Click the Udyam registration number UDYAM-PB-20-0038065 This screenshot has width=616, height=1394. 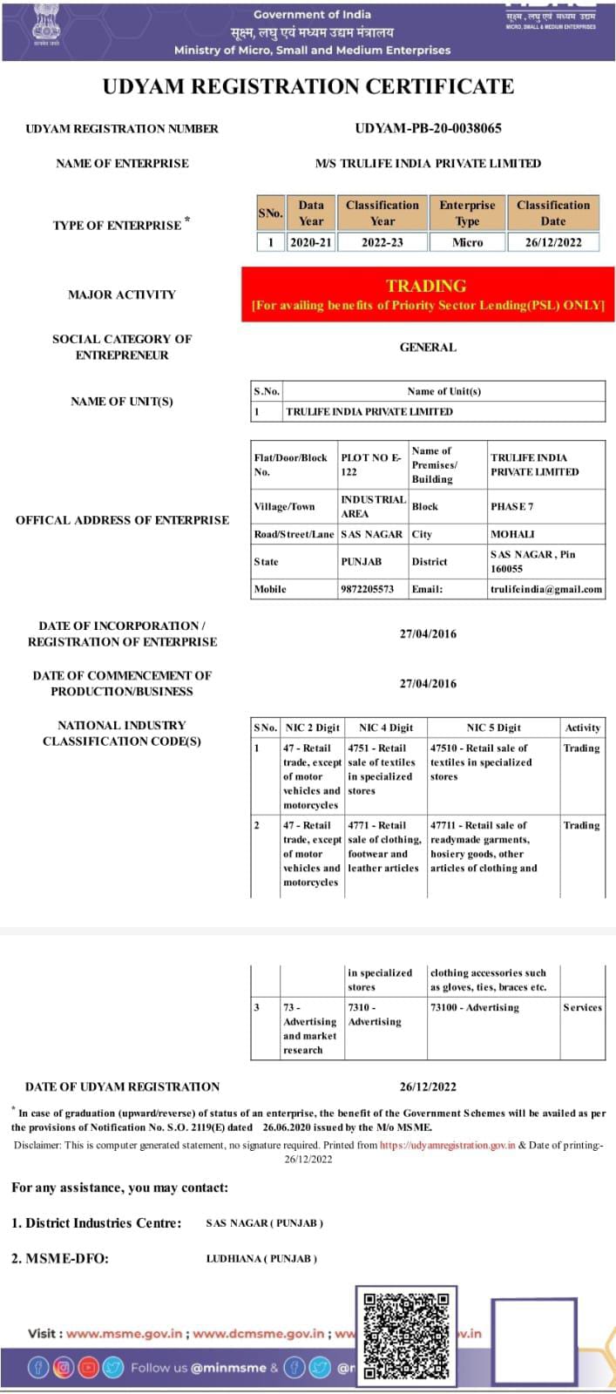coord(428,128)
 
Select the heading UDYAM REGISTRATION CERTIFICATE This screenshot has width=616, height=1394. coord(308,87)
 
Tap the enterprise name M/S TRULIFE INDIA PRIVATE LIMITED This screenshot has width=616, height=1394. coord(428,163)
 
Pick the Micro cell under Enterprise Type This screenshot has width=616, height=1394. coord(467,242)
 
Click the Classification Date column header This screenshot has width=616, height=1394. coord(553,213)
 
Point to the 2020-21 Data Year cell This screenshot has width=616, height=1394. coord(311,242)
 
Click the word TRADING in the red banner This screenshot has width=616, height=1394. coord(426,286)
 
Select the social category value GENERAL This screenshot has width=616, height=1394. coord(428,347)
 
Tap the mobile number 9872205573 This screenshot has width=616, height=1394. coord(367,589)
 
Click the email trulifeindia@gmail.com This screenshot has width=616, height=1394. coord(545,589)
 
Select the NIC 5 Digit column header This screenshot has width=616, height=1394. coord(493,727)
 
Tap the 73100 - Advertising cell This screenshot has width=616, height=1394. coord(475,1007)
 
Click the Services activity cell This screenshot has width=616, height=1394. coord(582,1007)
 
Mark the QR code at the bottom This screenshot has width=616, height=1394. coord(406,1334)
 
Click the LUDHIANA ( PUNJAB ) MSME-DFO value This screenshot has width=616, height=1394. coord(261,1258)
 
